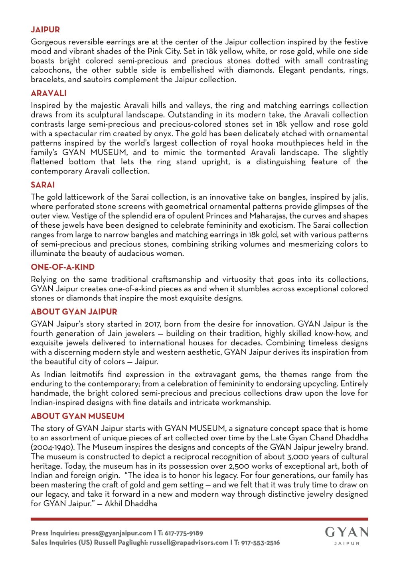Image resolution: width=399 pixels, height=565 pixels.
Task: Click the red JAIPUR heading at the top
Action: coord(45,30)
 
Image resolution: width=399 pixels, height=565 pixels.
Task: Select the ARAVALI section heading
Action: coord(49,93)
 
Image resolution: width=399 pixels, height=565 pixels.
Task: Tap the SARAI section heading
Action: coord(43,185)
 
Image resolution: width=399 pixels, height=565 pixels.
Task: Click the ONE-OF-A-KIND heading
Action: coord(63,267)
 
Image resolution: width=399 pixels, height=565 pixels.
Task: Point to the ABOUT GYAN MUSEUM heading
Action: coord(77,416)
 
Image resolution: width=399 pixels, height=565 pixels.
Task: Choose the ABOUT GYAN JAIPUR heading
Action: coord(74,312)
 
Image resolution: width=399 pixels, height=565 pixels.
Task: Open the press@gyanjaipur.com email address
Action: coord(117,533)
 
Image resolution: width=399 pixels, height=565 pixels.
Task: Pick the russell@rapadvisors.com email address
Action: coord(189,543)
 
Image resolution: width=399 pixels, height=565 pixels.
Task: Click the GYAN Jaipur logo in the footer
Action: coord(346,535)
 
